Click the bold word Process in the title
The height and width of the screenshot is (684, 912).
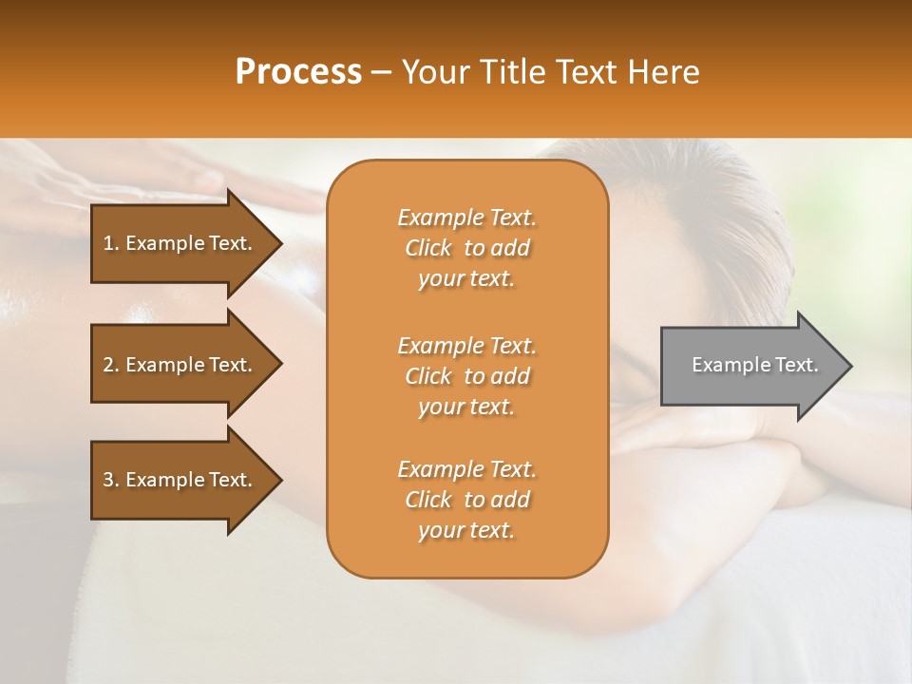pyautogui.click(x=298, y=72)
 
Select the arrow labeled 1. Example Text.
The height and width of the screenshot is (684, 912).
pyautogui.click(x=180, y=243)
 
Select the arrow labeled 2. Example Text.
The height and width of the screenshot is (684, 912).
pyautogui.click(x=180, y=365)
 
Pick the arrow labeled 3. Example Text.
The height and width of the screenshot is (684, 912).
pyautogui.click(x=180, y=480)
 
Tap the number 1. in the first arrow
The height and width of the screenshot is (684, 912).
pyautogui.click(x=111, y=243)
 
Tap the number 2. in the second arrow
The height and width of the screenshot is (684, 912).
pyautogui.click(x=111, y=365)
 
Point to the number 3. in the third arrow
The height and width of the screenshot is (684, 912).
pyautogui.click(x=111, y=480)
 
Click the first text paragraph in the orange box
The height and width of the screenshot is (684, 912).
pyautogui.click(x=466, y=248)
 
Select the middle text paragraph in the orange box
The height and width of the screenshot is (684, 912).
pyautogui.click(x=466, y=376)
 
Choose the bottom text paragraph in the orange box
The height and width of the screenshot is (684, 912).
pyautogui.click(x=466, y=500)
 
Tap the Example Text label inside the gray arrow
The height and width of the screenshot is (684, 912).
pyautogui.click(x=754, y=365)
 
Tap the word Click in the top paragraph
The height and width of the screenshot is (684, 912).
pyautogui.click(x=428, y=248)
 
